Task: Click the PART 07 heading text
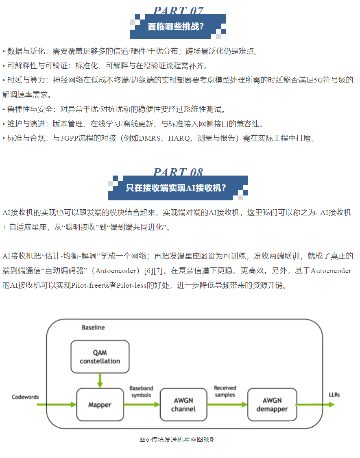point(178,11)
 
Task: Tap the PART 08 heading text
point(178,172)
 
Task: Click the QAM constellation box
point(100,357)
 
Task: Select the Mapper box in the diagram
point(100,404)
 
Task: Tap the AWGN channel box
point(183,404)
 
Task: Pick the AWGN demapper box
point(271,404)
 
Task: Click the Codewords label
point(25,397)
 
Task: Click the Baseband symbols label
point(141,392)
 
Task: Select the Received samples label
point(225,391)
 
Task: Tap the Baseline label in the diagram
point(93,327)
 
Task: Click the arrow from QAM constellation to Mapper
point(100,380)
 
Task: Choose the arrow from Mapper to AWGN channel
point(142,404)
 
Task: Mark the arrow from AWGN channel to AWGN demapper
point(227,404)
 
